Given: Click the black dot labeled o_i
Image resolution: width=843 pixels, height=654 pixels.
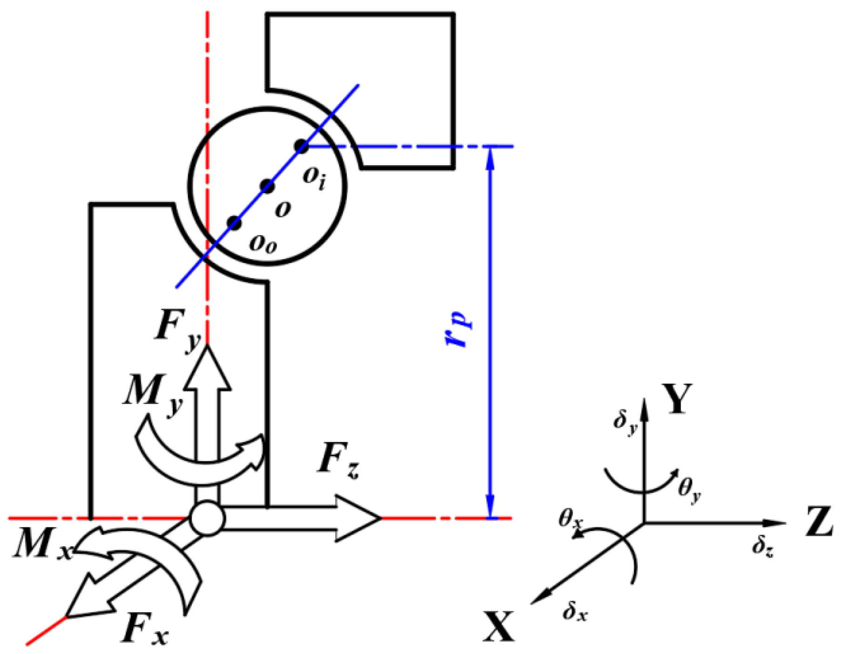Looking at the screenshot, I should tap(302, 146).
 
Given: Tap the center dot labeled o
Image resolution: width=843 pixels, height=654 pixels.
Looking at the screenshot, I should tap(267, 186).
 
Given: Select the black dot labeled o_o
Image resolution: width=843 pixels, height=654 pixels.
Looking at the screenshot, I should tap(235, 223).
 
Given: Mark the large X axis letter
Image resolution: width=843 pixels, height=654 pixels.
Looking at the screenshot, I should tap(499, 627).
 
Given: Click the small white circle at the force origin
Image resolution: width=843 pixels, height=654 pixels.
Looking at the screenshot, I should tap(208, 518).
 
